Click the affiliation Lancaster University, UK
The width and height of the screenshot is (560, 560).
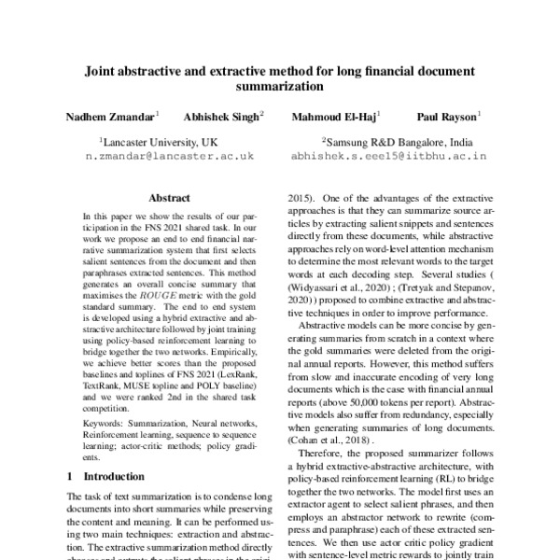tap(159, 142)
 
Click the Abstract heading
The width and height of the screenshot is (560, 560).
tap(169, 198)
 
